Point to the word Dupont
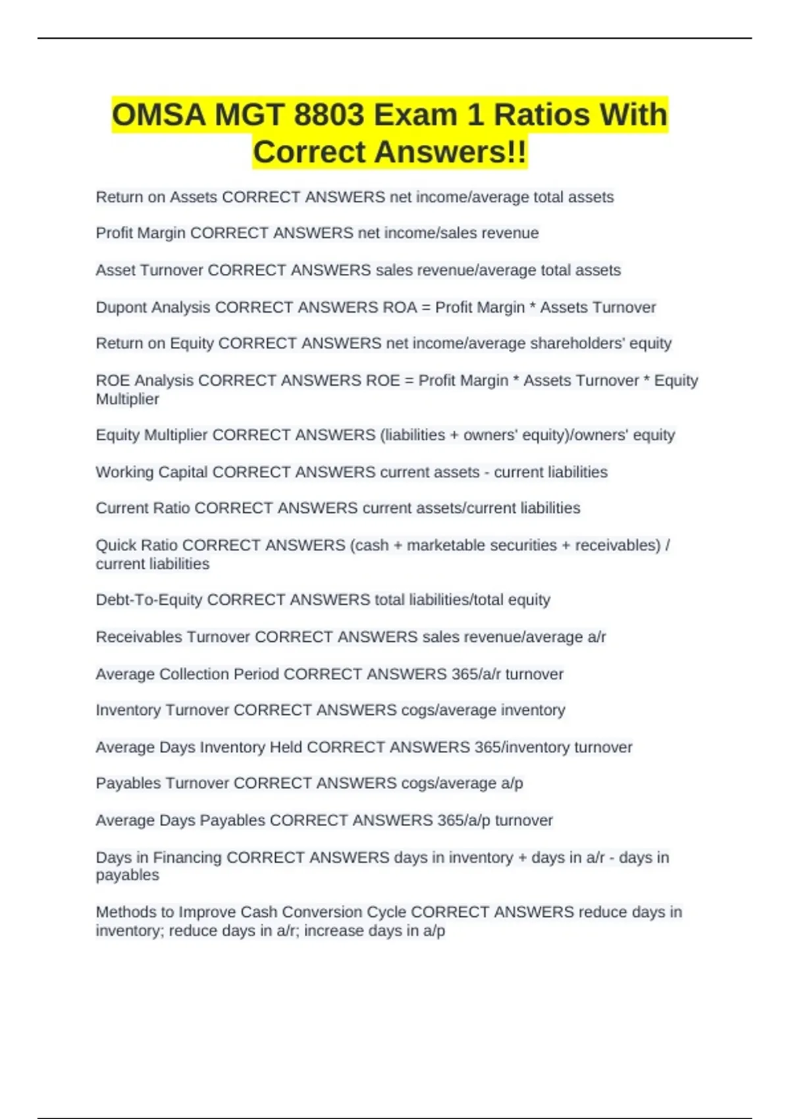click(120, 307)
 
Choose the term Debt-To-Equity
click(149, 600)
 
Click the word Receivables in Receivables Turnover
click(139, 637)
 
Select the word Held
click(286, 747)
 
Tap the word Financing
click(188, 858)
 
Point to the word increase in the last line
click(332, 931)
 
